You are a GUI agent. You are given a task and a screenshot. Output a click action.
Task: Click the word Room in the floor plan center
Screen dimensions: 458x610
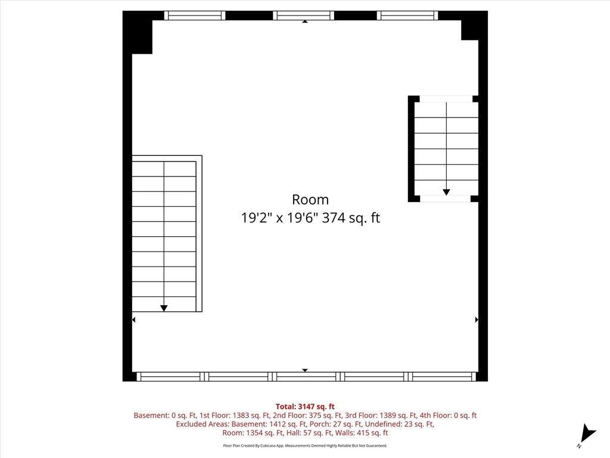pyautogui.click(x=310, y=200)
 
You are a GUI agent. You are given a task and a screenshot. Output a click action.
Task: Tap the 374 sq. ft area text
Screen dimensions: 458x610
pyautogui.click(x=351, y=218)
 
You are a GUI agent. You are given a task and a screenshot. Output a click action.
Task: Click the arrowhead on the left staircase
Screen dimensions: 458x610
pyautogui.click(x=164, y=308)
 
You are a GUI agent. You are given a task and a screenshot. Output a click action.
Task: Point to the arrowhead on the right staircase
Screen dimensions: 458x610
pyautogui.click(x=446, y=192)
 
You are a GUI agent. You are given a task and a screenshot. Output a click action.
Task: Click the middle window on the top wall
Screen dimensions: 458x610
pyautogui.click(x=304, y=16)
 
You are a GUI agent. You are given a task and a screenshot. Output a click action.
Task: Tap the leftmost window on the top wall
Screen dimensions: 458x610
pyautogui.click(x=195, y=16)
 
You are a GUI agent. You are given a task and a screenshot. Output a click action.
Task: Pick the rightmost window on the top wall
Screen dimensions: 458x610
pyautogui.click(x=409, y=16)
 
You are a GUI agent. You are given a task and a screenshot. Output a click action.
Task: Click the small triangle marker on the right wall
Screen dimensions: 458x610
pyautogui.click(x=477, y=320)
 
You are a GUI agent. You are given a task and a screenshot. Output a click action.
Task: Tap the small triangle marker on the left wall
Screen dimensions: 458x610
pyautogui.click(x=133, y=320)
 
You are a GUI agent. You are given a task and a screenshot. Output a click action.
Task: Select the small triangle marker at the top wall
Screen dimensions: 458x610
pyautogui.click(x=305, y=21)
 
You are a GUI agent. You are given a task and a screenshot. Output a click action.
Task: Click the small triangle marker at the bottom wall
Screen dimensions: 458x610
pyautogui.click(x=305, y=370)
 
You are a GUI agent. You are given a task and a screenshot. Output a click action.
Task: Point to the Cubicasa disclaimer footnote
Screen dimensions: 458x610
pyautogui.click(x=305, y=445)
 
